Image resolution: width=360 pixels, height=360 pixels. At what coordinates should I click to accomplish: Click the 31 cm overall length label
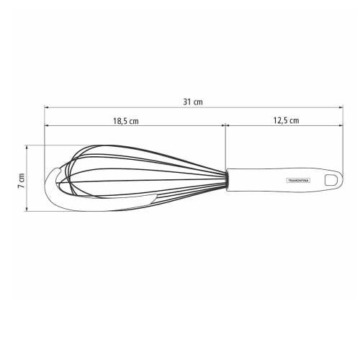click(x=193, y=102)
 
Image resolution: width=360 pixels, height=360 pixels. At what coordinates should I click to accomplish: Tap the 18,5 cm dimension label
click(x=125, y=121)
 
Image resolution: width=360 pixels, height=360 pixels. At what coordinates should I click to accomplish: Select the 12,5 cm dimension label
click(x=286, y=121)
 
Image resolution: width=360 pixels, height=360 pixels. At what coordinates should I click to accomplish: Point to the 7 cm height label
click(x=22, y=179)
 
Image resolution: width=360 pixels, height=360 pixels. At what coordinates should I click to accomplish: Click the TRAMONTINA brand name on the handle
click(x=297, y=180)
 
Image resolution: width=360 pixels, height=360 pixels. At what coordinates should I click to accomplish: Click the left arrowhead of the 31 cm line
click(x=47, y=108)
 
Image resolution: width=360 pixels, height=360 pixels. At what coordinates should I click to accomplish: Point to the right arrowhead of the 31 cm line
click(x=340, y=108)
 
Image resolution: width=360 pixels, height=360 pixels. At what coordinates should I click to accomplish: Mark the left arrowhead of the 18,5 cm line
click(x=47, y=127)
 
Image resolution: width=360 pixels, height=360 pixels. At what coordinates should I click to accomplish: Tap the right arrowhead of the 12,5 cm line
click(x=340, y=127)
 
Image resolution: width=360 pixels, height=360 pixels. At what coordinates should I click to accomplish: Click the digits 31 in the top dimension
click(x=187, y=102)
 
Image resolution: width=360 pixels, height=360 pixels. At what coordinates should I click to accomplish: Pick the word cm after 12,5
click(x=294, y=121)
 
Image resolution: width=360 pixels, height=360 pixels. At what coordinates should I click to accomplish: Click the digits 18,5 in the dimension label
click(x=120, y=121)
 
